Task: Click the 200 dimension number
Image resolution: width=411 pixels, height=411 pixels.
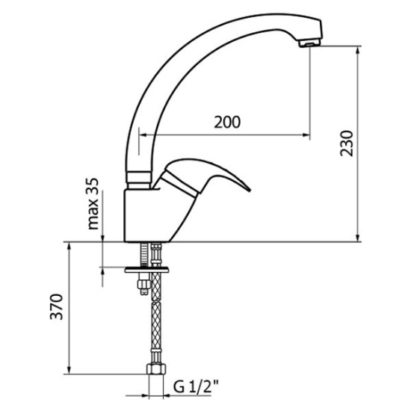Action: [227, 122]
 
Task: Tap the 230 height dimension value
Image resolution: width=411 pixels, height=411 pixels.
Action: [347, 143]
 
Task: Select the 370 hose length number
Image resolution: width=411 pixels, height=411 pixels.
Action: [56, 306]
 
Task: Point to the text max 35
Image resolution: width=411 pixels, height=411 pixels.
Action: [93, 204]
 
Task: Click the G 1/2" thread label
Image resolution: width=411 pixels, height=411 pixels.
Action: [196, 386]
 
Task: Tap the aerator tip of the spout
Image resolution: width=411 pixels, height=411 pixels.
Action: [309, 43]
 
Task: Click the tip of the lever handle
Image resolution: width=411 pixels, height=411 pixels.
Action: [250, 190]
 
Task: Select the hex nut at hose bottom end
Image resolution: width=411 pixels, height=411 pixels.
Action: [156, 369]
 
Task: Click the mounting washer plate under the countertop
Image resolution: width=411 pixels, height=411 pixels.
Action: [146, 270]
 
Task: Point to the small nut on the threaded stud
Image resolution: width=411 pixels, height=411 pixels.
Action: [144, 285]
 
